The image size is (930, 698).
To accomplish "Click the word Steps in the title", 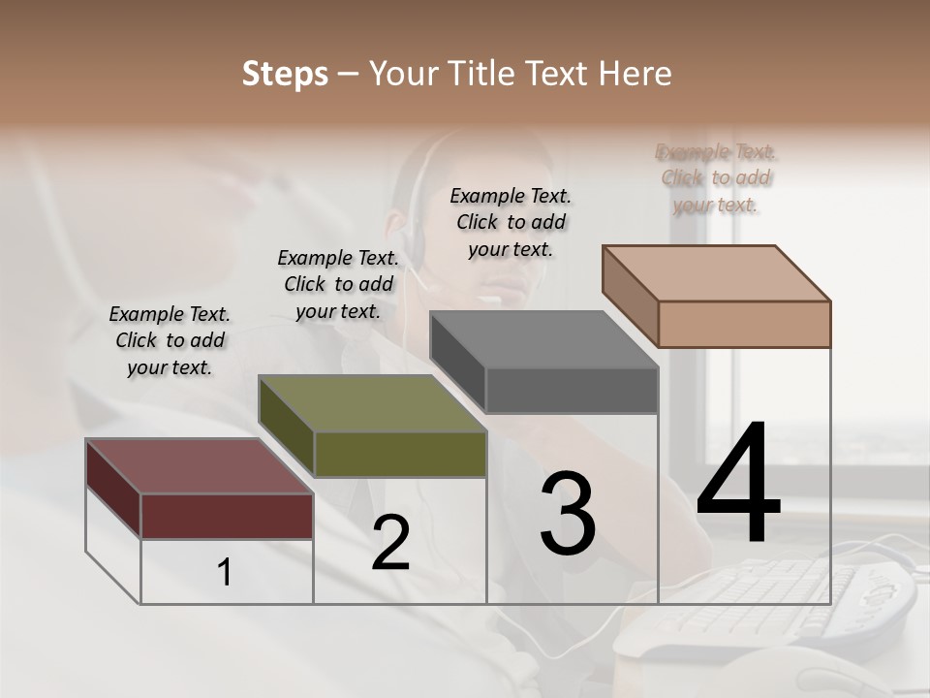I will click(x=284, y=74).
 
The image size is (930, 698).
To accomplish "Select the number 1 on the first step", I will click(x=225, y=573).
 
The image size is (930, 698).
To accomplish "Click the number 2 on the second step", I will click(x=390, y=544).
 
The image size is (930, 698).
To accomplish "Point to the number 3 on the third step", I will click(x=567, y=515).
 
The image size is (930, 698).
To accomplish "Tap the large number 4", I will click(x=738, y=485).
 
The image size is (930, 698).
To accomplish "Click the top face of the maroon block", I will click(x=199, y=466).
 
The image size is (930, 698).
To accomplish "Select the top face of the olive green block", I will click(x=371, y=403).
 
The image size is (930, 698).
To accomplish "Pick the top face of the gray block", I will click(x=543, y=339).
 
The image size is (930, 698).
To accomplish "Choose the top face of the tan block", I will click(x=716, y=273).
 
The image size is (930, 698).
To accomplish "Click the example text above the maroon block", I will click(x=170, y=340).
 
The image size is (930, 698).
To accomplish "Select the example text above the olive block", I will click(x=338, y=284).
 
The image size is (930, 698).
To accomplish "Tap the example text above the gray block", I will click(x=511, y=222).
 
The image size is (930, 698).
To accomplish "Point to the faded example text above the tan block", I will click(x=716, y=178).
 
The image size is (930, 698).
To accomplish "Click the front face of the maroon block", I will click(x=227, y=516).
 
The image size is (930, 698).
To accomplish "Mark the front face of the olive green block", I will click(x=400, y=454).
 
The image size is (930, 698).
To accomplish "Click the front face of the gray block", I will click(x=572, y=391).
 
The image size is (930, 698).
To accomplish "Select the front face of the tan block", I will click(x=744, y=324).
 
